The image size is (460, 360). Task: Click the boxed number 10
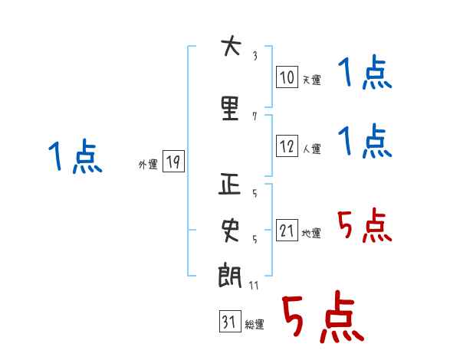click(287, 77)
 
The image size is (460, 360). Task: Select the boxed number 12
click(287, 146)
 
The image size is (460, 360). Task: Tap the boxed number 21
click(287, 231)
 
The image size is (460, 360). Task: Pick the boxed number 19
click(172, 162)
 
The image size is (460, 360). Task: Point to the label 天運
click(311, 80)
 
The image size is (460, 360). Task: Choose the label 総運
click(255, 325)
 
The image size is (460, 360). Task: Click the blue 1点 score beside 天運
click(365, 74)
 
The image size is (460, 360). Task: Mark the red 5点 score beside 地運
click(365, 226)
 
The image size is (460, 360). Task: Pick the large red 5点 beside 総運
click(322, 319)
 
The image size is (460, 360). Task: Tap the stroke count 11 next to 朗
click(255, 285)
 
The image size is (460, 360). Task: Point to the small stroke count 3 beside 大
click(255, 55)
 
